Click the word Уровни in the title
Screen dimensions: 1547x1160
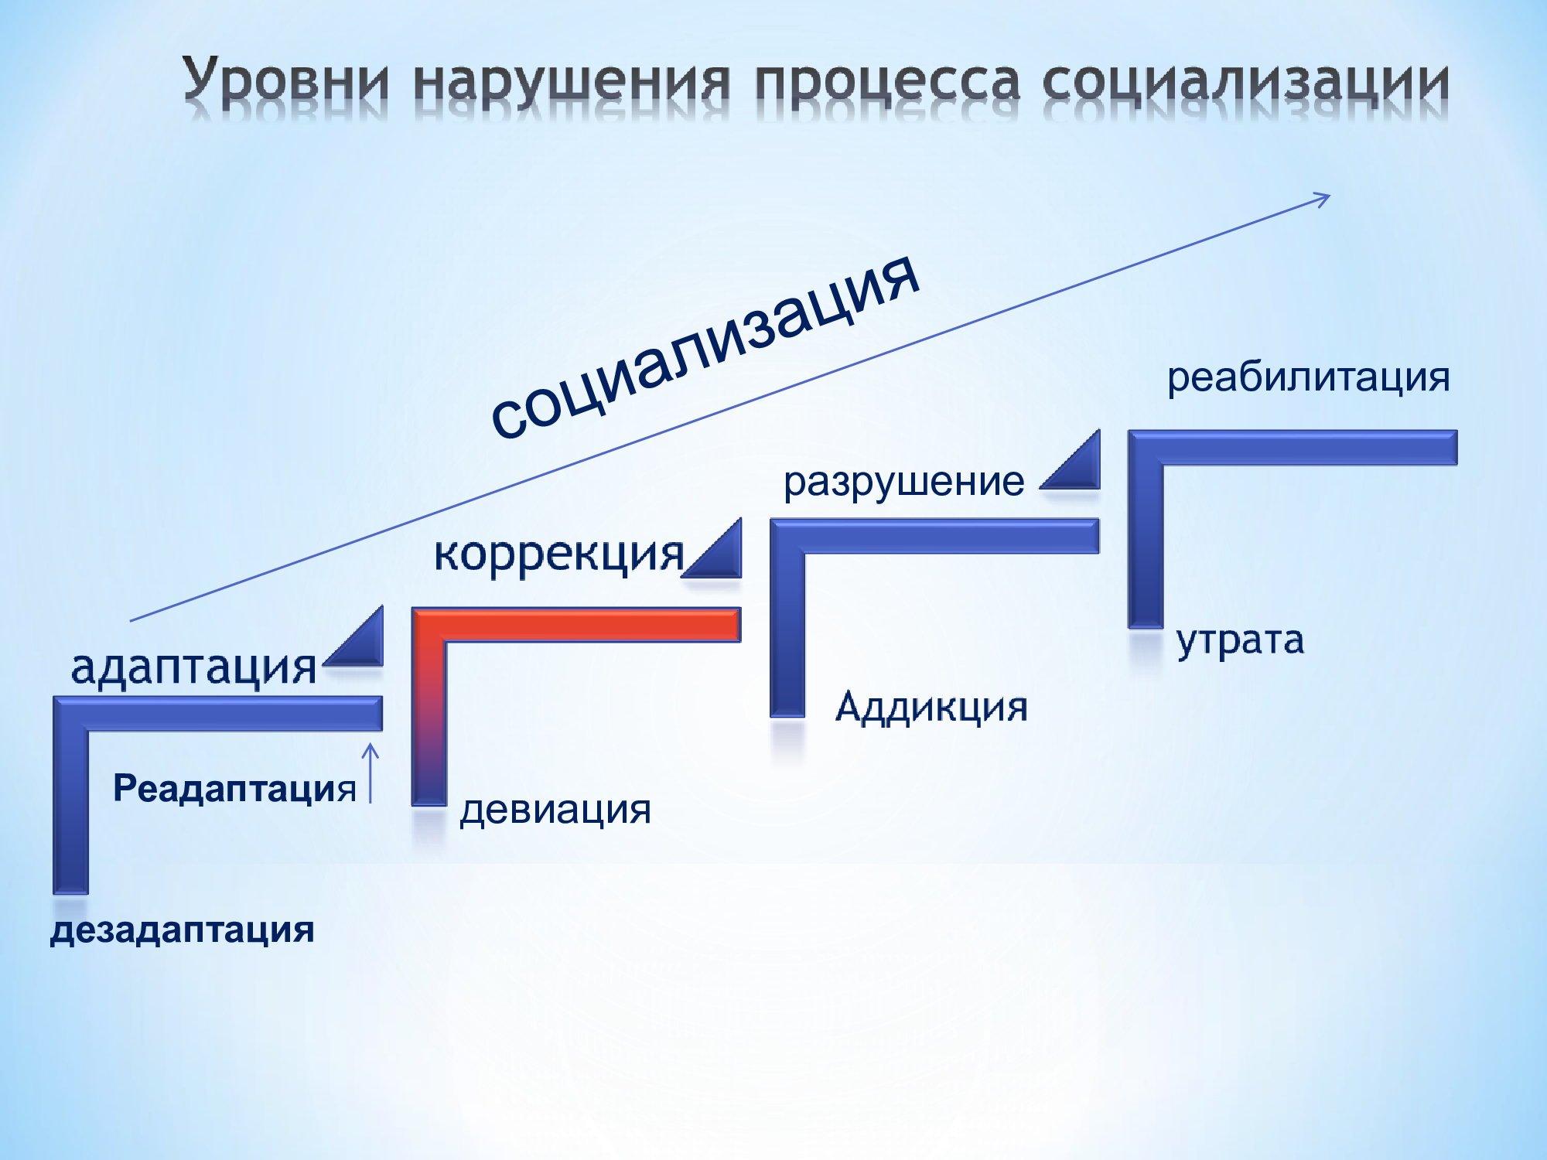tap(285, 82)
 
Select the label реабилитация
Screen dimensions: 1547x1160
tap(1308, 378)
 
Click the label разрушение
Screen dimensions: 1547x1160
tap(903, 483)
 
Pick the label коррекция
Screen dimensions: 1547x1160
tap(559, 554)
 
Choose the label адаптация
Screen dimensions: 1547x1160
tap(193, 667)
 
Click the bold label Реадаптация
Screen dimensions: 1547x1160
tap(234, 789)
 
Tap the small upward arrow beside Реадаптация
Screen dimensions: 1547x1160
tap(371, 773)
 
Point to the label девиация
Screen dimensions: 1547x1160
tap(555, 810)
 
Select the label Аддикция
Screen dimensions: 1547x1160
tap(931, 707)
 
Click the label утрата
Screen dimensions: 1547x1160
tap(1240, 641)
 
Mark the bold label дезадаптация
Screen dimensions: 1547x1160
tap(183, 930)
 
